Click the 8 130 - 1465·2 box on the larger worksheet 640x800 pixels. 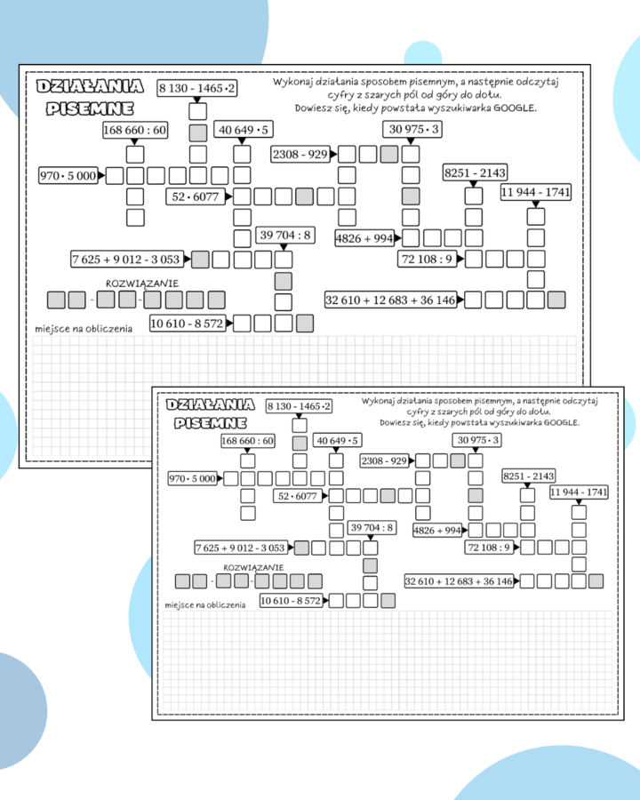pyautogui.click(x=197, y=88)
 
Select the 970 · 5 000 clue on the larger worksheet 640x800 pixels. pyautogui.click(x=68, y=176)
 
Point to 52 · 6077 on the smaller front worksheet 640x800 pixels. pyautogui.click(x=298, y=496)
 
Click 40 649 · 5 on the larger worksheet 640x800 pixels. pyautogui.click(x=243, y=131)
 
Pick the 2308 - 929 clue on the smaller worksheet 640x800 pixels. pyautogui.click(x=384, y=460)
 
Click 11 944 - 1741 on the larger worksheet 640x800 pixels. pyautogui.click(x=536, y=192)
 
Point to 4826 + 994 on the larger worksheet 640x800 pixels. pyautogui.click(x=364, y=237)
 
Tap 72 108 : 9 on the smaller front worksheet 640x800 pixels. pyautogui.click(x=490, y=547)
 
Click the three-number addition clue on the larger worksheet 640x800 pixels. pyautogui.click(x=391, y=300)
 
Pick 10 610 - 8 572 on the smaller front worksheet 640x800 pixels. pyautogui.click(x=292, y=601)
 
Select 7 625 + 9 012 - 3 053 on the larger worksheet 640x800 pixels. pyautogui.click(x=127, y=260)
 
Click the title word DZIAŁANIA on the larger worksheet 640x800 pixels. pyautogui.click(x=89, y=86)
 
